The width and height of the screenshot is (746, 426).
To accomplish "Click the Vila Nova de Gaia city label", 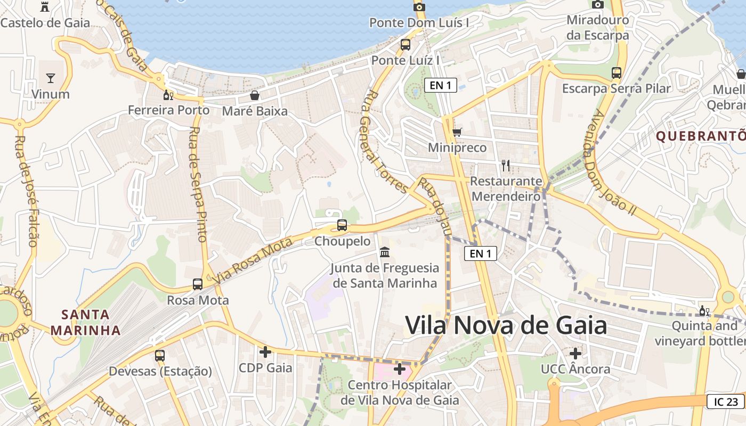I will point(506,325).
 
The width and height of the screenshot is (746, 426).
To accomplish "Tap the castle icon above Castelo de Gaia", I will point(45,7).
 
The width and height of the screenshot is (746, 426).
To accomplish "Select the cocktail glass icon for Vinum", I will point(51,78).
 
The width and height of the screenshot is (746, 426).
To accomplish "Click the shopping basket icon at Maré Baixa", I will point(255,95).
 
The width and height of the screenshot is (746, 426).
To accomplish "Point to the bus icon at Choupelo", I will point(342,225).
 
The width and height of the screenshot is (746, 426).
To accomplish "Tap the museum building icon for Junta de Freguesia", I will point(384,252).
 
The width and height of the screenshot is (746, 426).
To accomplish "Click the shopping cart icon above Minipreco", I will point(457,132).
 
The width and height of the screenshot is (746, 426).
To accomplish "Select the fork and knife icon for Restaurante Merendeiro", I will point(506,166).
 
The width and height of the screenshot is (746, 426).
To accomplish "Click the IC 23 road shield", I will point(725,402).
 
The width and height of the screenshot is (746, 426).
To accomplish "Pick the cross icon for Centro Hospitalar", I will point(400,368).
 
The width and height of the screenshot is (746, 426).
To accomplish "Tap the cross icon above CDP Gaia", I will point(265,352).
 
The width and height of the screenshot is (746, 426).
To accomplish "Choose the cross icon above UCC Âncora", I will point(575,353).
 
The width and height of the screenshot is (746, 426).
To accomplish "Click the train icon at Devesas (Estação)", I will point(160,355).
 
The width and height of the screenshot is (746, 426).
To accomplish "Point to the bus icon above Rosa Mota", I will point(198,284).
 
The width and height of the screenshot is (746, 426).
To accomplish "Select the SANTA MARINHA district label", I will point(85,322).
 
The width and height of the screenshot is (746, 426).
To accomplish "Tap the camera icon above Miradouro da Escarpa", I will point(598,4).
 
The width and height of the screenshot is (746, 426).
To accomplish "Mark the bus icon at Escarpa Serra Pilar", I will point(617,72).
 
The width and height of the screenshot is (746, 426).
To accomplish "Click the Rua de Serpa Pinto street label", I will point(197,184).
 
